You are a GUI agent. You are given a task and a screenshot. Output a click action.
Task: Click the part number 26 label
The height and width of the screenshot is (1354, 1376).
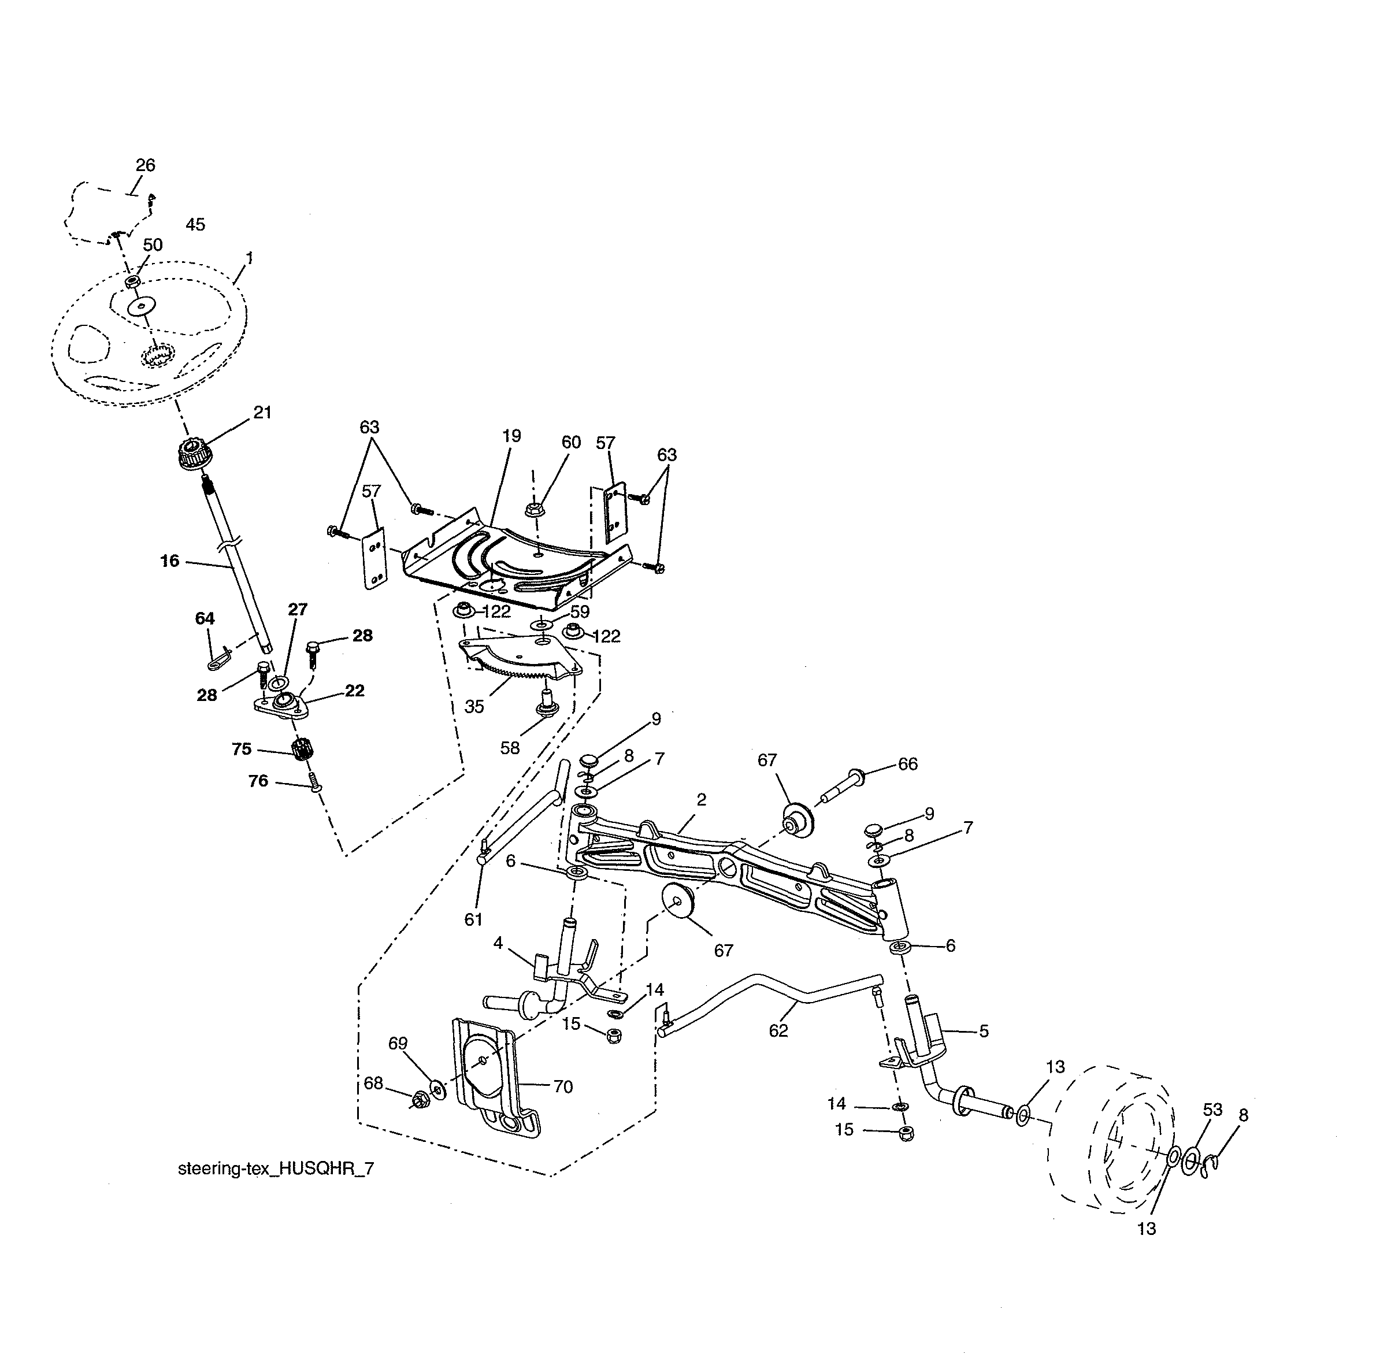145,165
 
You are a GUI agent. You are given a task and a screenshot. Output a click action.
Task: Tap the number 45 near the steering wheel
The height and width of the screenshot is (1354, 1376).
195,225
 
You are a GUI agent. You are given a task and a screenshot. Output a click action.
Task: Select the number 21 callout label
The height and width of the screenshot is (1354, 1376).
262,413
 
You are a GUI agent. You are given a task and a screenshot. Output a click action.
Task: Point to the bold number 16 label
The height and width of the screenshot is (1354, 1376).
169,561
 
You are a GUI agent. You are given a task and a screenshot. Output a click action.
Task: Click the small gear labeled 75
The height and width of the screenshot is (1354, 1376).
303,749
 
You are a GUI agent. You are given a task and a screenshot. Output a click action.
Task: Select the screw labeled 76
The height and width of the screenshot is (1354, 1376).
316,786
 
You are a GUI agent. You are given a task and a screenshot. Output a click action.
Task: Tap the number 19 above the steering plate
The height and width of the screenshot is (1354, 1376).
511,436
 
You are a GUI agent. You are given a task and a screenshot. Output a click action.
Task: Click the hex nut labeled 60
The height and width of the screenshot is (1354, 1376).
535,509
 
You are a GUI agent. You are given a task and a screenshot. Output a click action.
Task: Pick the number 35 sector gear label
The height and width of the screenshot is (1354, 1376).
474,706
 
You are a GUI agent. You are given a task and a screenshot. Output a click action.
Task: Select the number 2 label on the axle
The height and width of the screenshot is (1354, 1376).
701,799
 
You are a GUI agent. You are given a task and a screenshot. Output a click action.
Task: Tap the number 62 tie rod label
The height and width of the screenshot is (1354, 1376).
778,1030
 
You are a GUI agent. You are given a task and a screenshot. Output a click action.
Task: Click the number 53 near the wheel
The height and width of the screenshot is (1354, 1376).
1212,1110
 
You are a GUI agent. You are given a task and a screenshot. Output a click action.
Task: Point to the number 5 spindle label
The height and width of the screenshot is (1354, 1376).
984,1030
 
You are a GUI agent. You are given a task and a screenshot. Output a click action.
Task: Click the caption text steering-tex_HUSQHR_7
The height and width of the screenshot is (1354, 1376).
275,1169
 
